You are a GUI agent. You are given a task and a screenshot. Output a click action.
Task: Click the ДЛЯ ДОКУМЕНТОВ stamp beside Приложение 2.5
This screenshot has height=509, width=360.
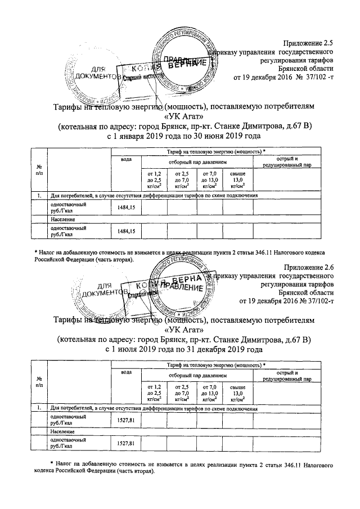click(x=92, y=72)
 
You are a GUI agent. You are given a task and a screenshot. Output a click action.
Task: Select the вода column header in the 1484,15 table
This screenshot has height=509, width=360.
click(x=127, y=160)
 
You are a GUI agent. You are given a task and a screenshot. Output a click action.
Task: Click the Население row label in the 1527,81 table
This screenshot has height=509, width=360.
click(x=61, y=431)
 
